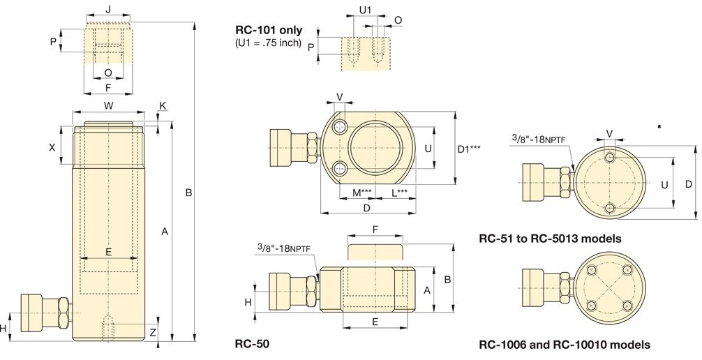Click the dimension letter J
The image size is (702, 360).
click(108, 9)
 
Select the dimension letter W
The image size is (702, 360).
click(109, 105)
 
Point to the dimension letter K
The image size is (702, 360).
click(163, 105)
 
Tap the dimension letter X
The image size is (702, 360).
click(52, 147)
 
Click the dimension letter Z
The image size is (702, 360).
click(153, 332)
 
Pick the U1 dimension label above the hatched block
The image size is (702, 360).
click(366, 8)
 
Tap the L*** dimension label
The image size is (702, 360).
click(399, 193)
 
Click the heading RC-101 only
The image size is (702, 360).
click(269, 31)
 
